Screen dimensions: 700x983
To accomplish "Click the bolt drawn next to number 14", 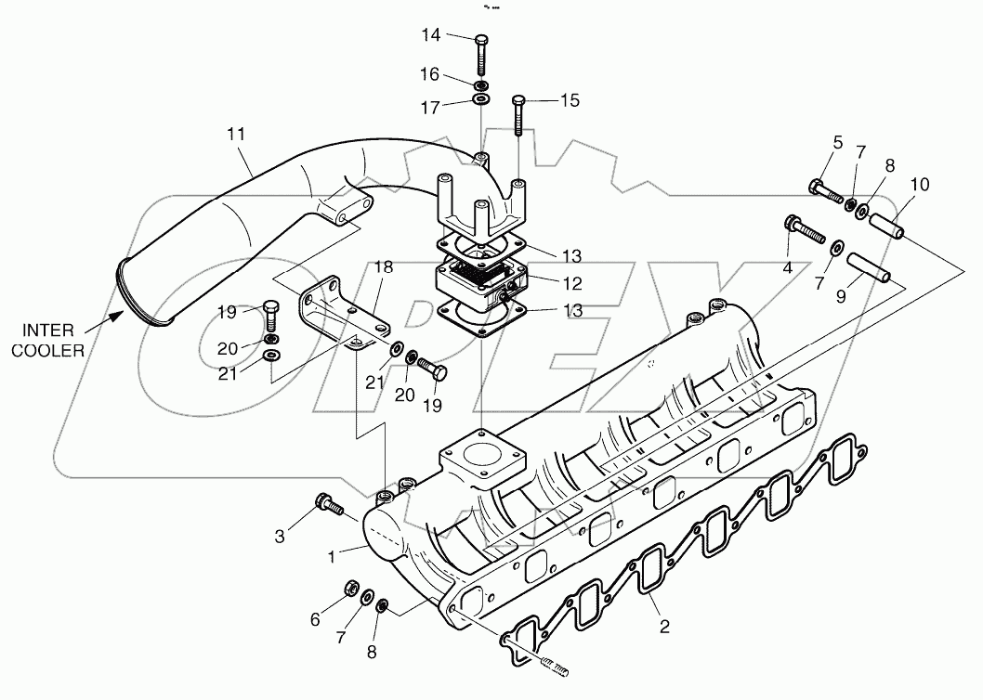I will (x=480, y=56).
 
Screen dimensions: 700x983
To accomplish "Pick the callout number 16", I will (x=429, y=72).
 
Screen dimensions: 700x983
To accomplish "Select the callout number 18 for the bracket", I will (x=384, y=266).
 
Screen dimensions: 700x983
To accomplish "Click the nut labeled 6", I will (x=352, y=587).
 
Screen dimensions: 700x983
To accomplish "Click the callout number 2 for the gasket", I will (x=663, y=627).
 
